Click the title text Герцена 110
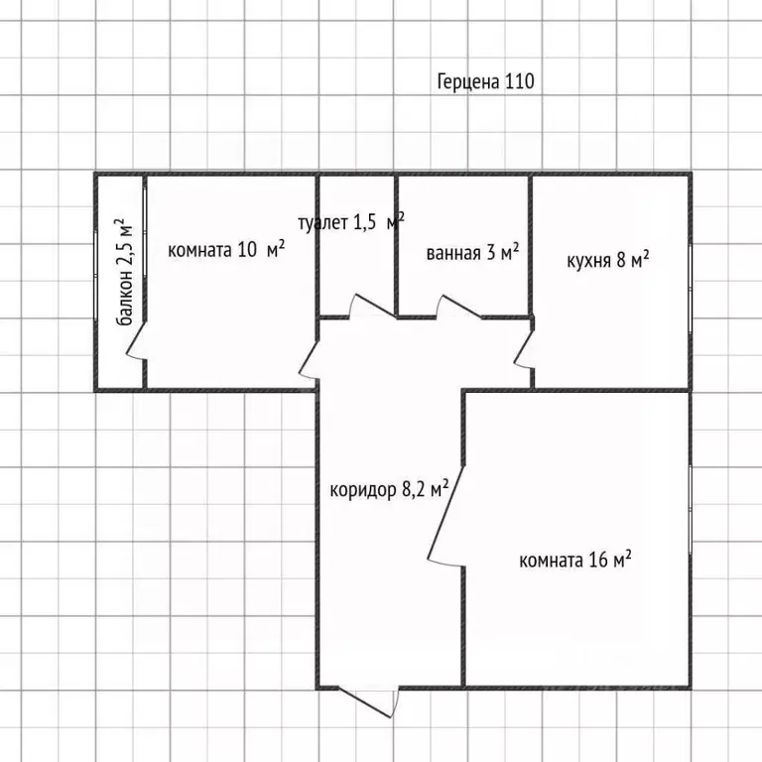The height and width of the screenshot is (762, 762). [485, 81]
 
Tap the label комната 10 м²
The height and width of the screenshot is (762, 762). [226, 250]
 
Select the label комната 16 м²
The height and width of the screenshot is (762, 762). [574, 560]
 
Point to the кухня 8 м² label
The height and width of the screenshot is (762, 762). [608, 260]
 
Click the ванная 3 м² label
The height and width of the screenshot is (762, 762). [472, 252]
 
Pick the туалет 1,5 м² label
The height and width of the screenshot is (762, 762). [351, 222]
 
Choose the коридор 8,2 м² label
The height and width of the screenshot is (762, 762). [389, 489]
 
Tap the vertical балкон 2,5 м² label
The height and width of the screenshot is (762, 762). [124, 272]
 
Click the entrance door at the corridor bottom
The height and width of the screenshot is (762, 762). [368, 702]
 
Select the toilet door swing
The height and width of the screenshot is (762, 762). [371, 307]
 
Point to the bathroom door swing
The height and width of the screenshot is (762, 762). [458, 307]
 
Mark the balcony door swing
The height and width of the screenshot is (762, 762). [136, 341]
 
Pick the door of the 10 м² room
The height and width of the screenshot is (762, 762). [310, 358]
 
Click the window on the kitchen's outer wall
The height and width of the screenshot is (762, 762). [691, 288]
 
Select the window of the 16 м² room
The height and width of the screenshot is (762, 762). [691, 509]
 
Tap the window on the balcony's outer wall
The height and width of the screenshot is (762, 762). [95, 275]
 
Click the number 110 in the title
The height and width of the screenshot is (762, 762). [520, 81]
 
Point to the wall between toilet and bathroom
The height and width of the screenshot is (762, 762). [396, 245]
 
